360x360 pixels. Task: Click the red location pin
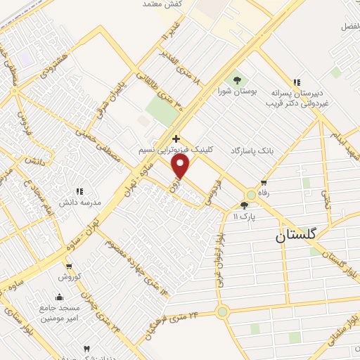pyautogui.click(x=181, y=166)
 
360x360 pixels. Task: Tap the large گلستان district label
pyautogui.click(x=297, y=237)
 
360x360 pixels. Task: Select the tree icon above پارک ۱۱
pyautogui.click(x=244, y=206)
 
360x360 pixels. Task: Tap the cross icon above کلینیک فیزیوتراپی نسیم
pyautogui.click(x=176, y=139)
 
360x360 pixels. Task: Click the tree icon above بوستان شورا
pyautogui.click(x=236, y=79)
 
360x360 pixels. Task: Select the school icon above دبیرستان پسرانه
pyautogui.click(x=297, y=82)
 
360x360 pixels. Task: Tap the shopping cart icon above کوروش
pyautogui.click(x=69, y=266)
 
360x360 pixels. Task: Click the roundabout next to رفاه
pyautogui.click(x=251, y=195)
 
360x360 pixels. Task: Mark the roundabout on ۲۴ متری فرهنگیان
pyautogui.click(x=223, y=311)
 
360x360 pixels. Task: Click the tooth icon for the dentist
pyautogui.click(x=86, y=349)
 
